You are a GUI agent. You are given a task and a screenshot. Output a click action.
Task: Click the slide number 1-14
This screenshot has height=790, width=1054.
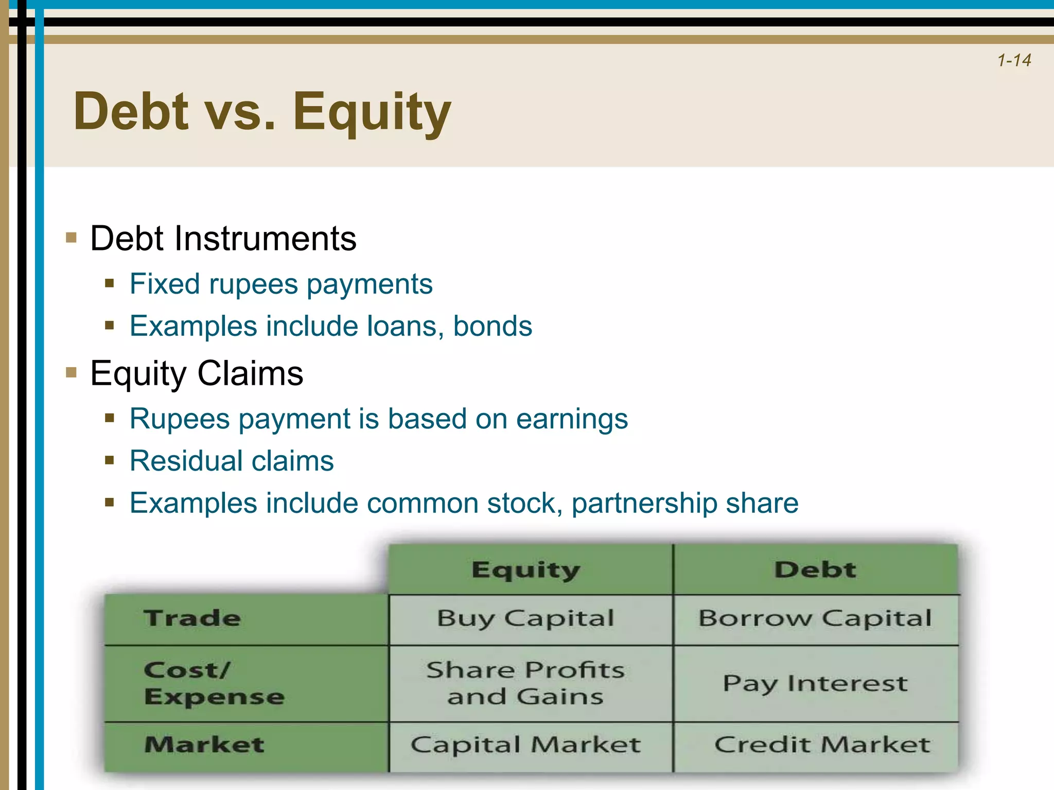(x=1013, y=61)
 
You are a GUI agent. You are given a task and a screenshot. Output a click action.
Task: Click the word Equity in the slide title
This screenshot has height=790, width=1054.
(x=372, y=112)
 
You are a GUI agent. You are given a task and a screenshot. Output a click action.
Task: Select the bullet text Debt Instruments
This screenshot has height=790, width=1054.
(x=223, y=239)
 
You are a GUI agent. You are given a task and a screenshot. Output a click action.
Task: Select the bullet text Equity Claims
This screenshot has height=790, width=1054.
(x=197, y=373)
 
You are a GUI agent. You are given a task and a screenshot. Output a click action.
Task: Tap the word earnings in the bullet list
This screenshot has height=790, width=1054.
(x=572, y=419)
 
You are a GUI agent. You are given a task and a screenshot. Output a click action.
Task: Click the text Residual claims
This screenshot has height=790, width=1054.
(x=232, y=461)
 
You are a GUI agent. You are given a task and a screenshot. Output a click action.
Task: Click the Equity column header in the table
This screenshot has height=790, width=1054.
(x=525, y=570)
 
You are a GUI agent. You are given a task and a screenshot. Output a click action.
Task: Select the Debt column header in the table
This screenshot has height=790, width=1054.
(x=815, y=570)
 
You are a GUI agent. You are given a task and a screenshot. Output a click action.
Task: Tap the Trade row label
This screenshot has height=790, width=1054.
(x=192, y=618)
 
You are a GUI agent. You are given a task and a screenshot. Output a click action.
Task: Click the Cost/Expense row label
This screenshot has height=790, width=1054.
(x=214, y=683)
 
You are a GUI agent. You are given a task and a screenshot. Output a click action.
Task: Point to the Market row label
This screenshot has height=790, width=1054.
(x=204, y=745)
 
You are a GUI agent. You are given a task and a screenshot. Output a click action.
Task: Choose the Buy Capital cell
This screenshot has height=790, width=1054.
(x=525, y=618)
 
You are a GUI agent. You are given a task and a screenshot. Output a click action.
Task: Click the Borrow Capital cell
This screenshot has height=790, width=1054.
(x=815, y=618)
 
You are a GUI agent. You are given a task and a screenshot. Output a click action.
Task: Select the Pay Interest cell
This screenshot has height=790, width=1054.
(x=815, y=684)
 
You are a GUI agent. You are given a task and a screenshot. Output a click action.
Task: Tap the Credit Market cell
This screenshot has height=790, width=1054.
(x=822, y=745)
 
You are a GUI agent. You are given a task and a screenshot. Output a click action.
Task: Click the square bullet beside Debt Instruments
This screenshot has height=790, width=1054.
(x=72, y=238)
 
